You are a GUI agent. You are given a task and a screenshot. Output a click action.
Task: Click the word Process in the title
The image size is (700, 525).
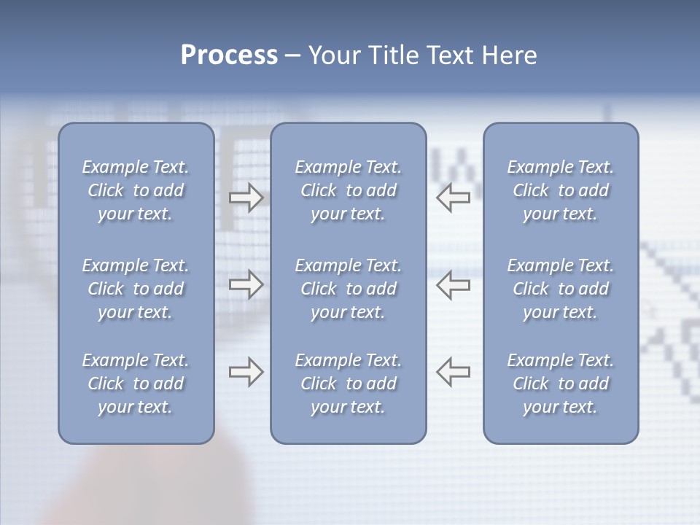tap(229, 55)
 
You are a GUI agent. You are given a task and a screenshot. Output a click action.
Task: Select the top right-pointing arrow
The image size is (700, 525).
tap(246, 198)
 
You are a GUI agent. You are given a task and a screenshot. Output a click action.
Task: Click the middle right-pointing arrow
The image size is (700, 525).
tap(246, 284)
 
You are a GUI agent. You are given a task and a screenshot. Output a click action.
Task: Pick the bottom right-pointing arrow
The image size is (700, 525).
tap(246, 372)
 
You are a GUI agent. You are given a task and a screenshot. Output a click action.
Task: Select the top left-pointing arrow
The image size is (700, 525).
tap(454, 198)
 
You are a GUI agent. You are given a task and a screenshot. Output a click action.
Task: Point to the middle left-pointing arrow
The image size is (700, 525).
tap(454, 284)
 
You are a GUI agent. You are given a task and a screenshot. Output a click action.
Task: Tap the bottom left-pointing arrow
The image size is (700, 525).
tap(454, 372)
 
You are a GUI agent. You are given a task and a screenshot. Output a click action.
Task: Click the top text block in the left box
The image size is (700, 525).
tap(136, 190)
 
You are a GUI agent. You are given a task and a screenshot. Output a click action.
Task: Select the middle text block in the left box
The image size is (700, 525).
tap(136, 289)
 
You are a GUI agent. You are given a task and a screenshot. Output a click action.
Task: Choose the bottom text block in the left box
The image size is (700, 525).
tap(136, 384)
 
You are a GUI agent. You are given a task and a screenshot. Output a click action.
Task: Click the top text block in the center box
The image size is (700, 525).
tap(348, 190)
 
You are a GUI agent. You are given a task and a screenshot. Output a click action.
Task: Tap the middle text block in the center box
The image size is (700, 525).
tap(348, 289)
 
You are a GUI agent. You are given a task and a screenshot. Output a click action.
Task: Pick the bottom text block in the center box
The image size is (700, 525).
tap(348, 384)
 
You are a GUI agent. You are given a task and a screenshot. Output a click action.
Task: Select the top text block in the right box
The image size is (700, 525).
tap(560, 190)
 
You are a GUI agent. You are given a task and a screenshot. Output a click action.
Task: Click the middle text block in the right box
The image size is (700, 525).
tap(560, 289)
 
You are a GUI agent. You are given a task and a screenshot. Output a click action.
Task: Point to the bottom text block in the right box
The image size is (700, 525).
tap(560, 384)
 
